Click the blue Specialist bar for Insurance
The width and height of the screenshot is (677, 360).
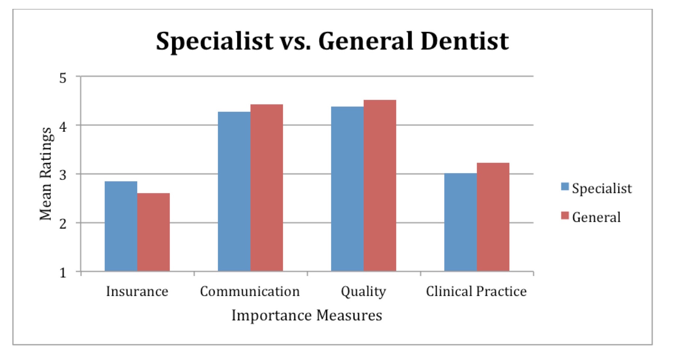point(121,226)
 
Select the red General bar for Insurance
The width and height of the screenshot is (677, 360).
point(153,232)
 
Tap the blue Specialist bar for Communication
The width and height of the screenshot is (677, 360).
point(234,192)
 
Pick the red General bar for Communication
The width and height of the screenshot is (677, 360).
point(266,188)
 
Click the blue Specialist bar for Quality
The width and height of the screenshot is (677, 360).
point(347,189)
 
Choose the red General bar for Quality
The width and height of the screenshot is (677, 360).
point(380,186)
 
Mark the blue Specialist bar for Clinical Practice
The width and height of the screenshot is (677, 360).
point(460,222)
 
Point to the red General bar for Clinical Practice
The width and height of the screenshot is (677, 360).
point(493,217)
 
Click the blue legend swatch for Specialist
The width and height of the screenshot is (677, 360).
point(565,186)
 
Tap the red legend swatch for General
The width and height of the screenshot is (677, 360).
point(565,216)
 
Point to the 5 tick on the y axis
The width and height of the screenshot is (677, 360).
point(63,78)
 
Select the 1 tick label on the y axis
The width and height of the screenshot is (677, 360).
point(63,273)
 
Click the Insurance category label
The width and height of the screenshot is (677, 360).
point(137,292)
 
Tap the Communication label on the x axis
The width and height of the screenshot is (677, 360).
point(250,292)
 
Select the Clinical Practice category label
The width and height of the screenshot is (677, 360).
point(476,292)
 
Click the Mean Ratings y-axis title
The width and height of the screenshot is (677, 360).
point(46,174)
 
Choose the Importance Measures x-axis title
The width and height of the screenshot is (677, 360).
point(307,316)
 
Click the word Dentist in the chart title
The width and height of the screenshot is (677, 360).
point(464,41)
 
